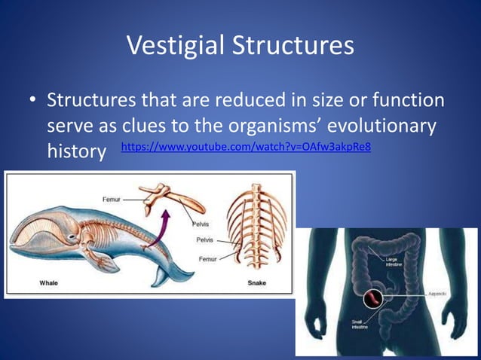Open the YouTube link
coord(246,146)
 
